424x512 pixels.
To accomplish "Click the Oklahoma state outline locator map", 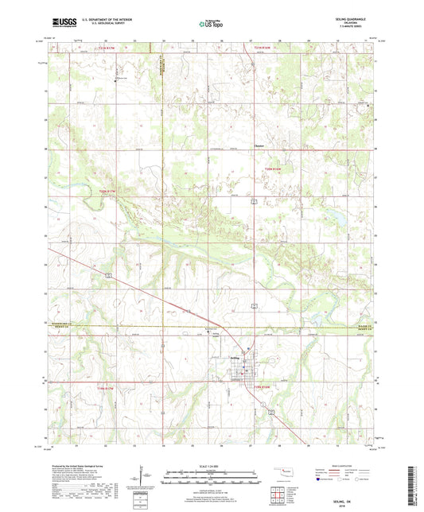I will pyautogui.click(x=285, y=475).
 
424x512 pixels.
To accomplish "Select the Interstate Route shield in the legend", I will pyautogui.click(x=320, y=479).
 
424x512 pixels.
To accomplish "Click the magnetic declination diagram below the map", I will pyautogui.click(x=141, y=479).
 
